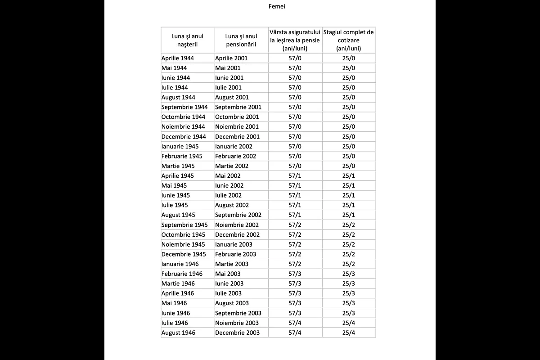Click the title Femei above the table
[277, 6]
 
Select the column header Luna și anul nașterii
[188, 40]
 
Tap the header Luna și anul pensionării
[241, 40]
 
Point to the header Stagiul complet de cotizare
[349, 40]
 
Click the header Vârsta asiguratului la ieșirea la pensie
[295, 40]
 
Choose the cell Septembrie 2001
[238, 107]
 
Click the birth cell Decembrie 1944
[184, 136]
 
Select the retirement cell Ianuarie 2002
[234, 146]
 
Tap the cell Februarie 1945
[182, 156]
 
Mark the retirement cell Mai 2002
[228, 175]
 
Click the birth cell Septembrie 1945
[184, 225]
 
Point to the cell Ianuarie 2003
[234, 244]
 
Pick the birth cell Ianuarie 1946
[180, 264]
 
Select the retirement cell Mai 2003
[228, 274]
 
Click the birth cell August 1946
[178, 333]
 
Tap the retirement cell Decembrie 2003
[237, 333]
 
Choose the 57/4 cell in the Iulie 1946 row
[295, 323]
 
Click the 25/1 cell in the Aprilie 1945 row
[349, 175]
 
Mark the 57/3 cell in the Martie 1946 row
[295, 283]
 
